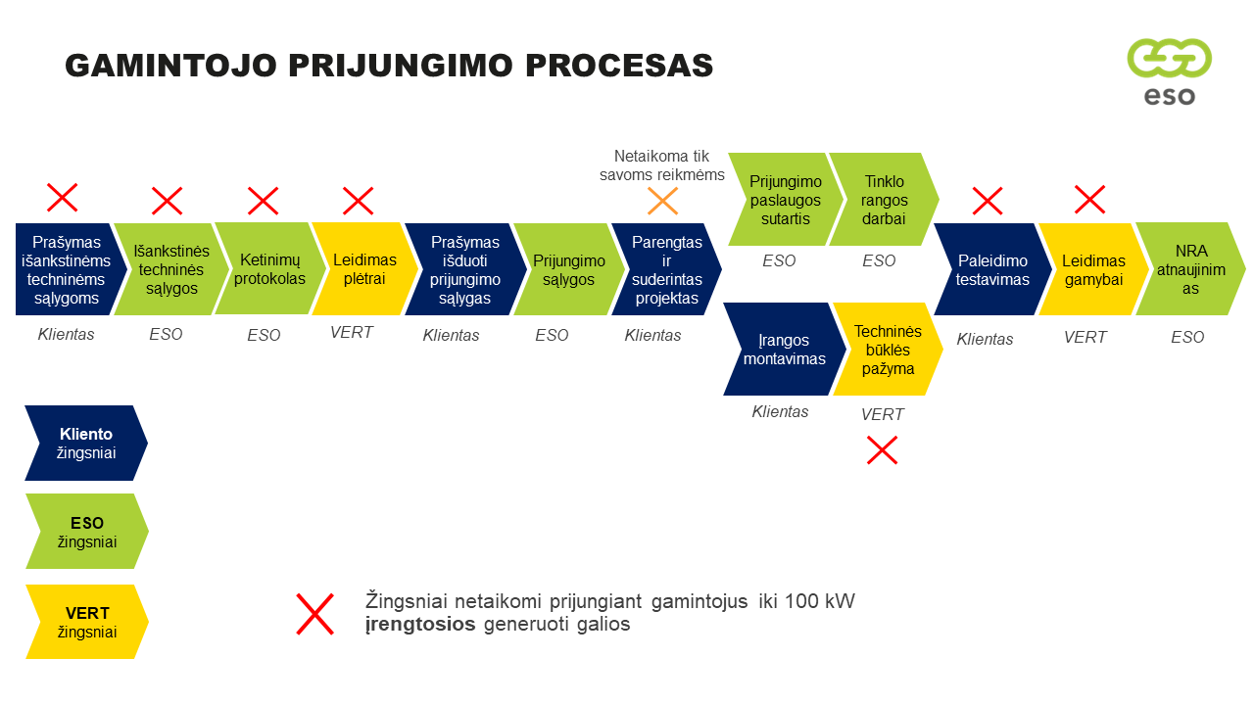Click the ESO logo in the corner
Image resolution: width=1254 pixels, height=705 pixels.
1169,70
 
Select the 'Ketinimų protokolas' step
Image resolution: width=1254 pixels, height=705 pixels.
262,269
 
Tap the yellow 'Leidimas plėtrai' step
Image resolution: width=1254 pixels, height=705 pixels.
361,269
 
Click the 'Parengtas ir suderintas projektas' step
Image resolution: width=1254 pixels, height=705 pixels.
664,269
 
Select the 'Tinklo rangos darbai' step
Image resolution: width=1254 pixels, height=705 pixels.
882,200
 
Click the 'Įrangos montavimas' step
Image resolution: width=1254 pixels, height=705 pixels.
781,350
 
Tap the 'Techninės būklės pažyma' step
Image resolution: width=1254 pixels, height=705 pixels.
886,350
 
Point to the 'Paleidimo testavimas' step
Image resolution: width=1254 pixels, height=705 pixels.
990,269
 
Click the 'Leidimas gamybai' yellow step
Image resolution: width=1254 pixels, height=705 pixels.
1091,269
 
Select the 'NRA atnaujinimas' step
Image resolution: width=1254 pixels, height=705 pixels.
1188,269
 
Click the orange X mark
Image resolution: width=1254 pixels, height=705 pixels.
663,202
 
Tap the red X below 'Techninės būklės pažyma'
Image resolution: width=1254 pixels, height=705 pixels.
882,450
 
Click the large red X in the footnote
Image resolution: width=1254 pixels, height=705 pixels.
314,614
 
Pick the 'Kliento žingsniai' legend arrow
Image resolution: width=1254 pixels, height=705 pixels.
85,444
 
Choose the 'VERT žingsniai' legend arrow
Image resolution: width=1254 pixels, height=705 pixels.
85,623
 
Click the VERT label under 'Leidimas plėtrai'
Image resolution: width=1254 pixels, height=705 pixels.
352,333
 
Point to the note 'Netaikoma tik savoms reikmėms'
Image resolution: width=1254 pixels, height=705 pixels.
661,165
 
